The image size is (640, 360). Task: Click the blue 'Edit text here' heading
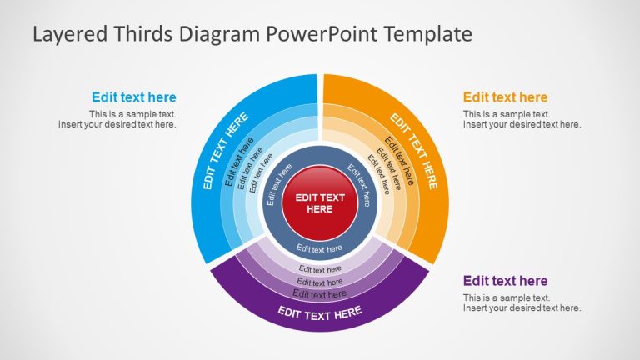pos(133,97)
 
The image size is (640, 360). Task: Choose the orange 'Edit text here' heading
pos(505,97)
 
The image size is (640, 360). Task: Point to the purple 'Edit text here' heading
pos(505,281)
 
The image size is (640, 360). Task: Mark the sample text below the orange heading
pos(522,119)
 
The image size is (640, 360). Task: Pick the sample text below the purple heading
pos(522,302)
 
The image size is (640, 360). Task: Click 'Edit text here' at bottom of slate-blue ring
pos(320,248)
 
